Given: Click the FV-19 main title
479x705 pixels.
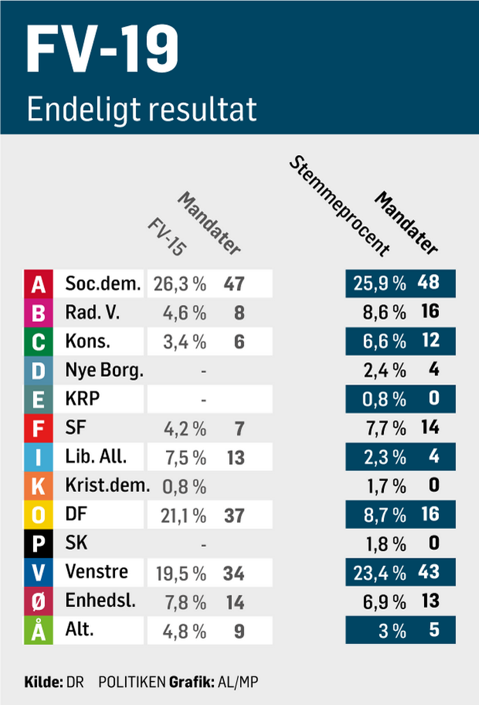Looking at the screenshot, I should pos(103,51).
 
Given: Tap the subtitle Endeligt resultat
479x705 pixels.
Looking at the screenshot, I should pos(142,109).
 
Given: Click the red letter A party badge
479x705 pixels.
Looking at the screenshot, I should pos(38,284).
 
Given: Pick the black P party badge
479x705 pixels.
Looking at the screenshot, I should pos(38,543).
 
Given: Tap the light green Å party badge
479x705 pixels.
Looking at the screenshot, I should pos(38,630).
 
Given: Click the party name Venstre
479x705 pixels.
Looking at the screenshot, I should pos(96,572).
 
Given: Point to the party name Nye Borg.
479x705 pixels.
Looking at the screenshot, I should pos(104,370).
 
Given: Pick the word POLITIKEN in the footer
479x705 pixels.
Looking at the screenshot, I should pos(131,681).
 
